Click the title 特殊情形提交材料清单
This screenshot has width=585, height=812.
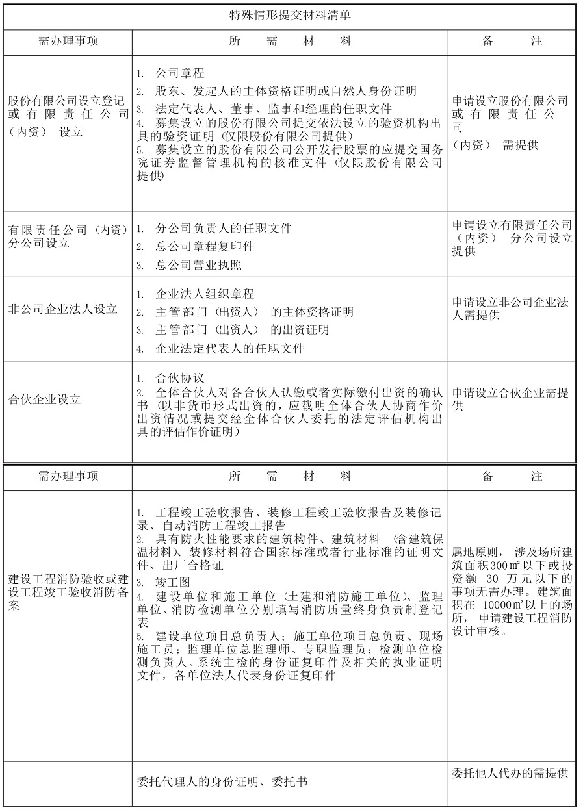290,16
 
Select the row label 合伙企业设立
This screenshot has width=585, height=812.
44,400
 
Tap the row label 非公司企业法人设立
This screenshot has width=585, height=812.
62,309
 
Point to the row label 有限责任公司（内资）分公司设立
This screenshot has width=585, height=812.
68,236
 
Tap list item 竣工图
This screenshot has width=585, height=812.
171,583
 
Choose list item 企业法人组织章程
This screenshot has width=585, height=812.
205,294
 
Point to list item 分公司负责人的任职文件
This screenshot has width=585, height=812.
223,229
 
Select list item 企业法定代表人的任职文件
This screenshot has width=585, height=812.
229,349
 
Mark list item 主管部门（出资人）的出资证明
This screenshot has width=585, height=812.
242,330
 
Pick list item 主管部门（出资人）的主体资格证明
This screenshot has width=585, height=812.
254,312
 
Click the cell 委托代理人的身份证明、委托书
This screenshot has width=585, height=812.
223,782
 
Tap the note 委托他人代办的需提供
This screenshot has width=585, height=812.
510,773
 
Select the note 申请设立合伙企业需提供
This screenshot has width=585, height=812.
510,400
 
